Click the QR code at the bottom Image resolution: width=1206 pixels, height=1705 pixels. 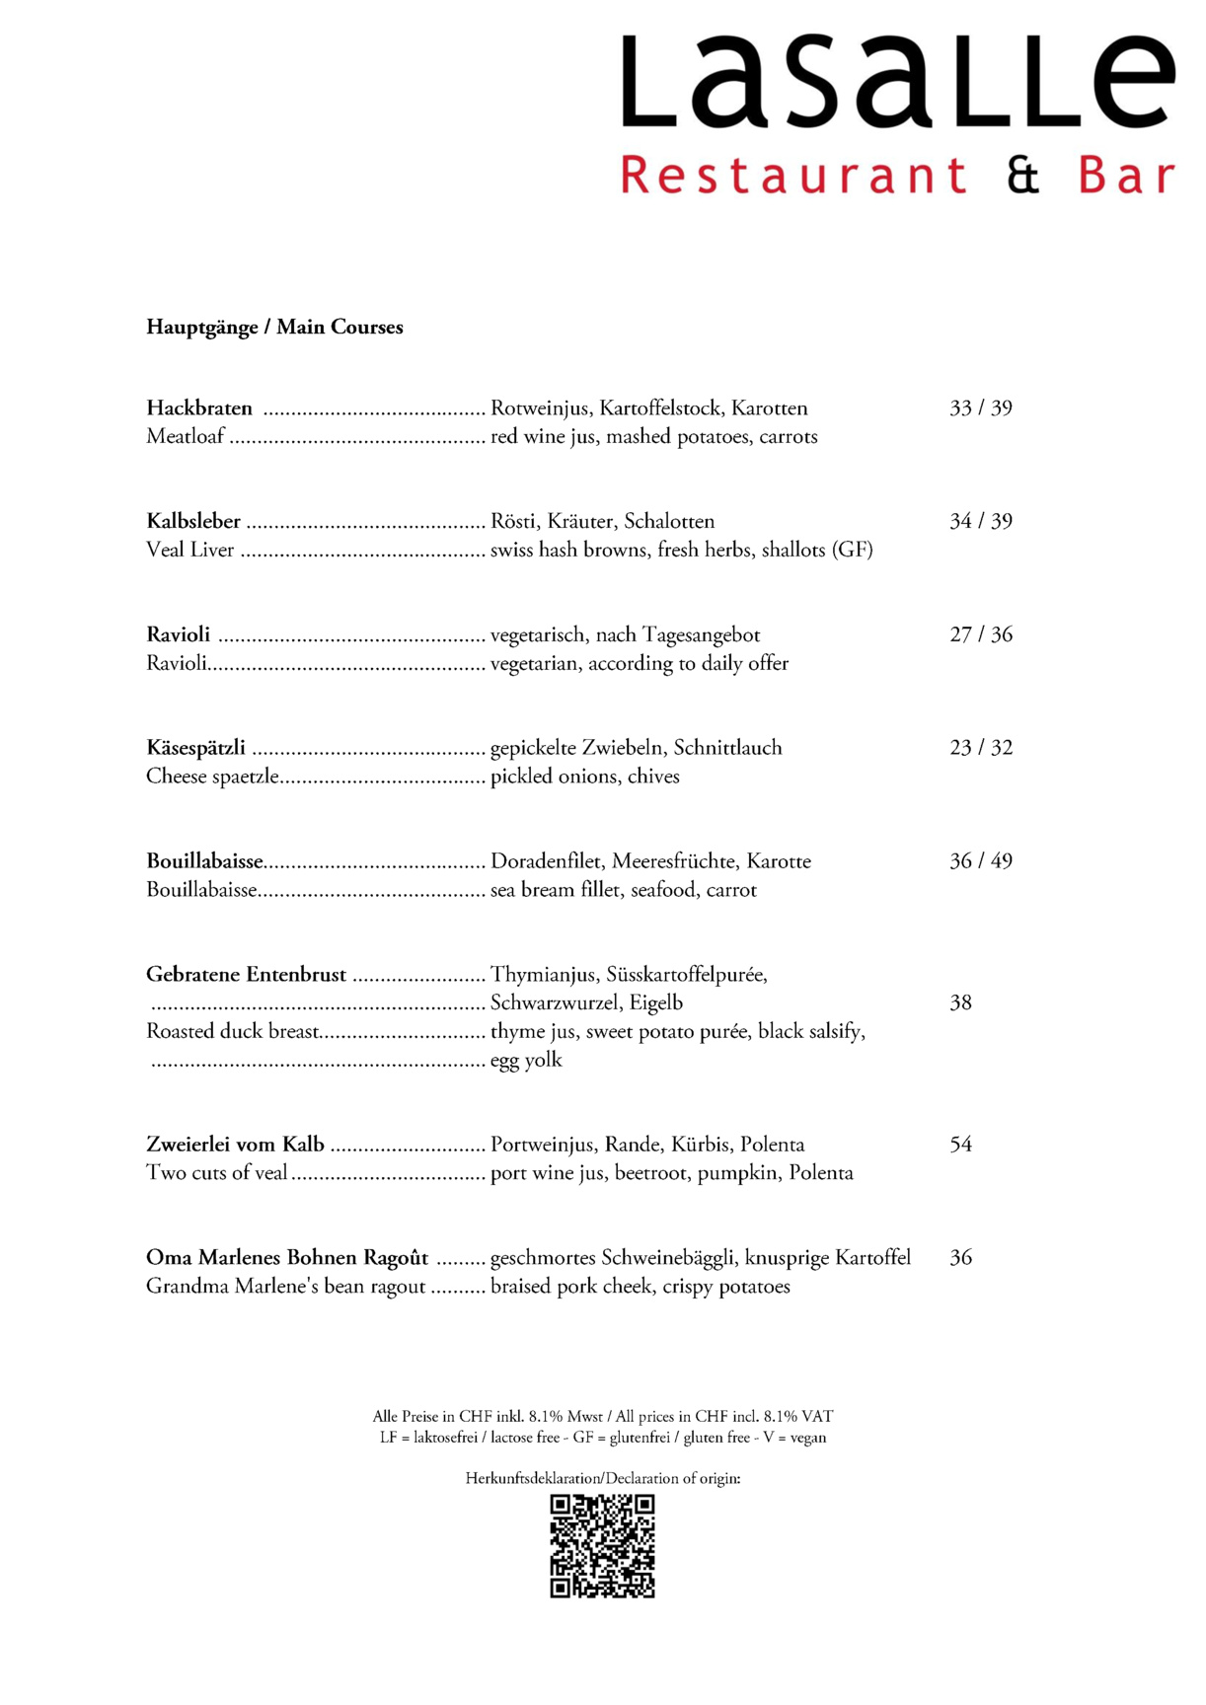[602, 1545]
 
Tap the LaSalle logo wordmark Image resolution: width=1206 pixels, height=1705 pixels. [897, 83]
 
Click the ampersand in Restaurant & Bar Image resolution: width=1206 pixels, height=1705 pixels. [1023, 176]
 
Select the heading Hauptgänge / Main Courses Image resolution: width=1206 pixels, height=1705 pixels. [274, 328]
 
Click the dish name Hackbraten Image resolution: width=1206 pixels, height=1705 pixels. [199, 408]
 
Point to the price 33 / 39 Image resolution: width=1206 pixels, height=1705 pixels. [980, 408]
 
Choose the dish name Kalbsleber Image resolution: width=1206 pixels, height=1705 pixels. [193, 522]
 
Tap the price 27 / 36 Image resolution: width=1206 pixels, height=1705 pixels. [980, 634]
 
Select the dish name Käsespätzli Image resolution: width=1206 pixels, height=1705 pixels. [195, 748]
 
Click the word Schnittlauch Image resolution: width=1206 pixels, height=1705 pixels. [727, 748]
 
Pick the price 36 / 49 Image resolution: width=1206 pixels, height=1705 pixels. [980, 861]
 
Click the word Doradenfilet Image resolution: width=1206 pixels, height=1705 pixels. [546, 861]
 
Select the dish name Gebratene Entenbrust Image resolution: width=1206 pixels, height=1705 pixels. [246, 975]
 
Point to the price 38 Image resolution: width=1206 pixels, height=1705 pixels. [960, 1003]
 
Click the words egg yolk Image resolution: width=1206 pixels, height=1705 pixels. [526, 1061]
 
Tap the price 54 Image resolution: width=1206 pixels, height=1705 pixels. [960, 1145]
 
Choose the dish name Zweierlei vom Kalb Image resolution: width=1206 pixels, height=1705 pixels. [235, 1145]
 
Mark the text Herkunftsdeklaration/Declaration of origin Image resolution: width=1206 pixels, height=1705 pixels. [602, 1478]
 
